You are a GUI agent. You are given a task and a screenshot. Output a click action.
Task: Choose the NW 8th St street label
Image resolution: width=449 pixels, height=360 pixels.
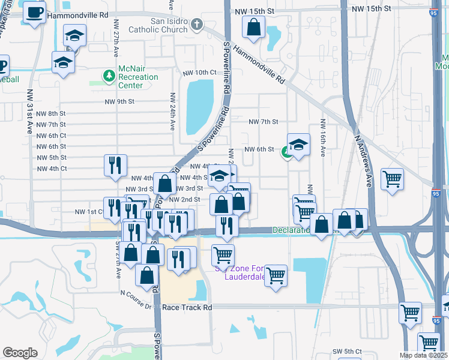point(50,113)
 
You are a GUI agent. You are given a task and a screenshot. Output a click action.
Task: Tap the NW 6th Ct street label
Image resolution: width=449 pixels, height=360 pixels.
point(50,136)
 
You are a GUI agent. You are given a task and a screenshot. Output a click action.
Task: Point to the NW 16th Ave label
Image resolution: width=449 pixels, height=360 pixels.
point(322,138)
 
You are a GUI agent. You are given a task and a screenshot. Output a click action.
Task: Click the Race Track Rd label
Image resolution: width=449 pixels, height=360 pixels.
point(187,307)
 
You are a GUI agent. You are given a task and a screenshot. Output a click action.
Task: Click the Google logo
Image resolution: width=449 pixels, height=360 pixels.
point(20,352)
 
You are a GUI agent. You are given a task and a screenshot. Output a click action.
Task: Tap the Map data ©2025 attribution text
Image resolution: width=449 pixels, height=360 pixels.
point(424,355)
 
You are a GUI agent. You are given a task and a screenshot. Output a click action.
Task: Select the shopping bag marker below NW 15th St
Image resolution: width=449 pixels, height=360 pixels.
point(254,27)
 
